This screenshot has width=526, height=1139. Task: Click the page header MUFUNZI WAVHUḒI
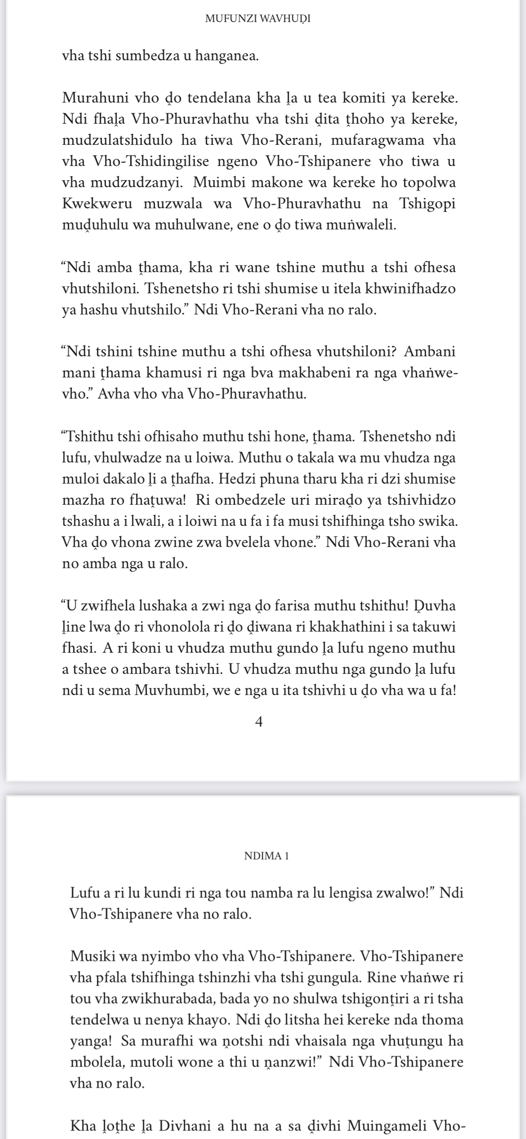[x=258, y=19]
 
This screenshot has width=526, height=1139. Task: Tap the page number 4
[x=259, y=722]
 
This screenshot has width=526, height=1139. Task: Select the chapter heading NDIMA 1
[x=266, y=856]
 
